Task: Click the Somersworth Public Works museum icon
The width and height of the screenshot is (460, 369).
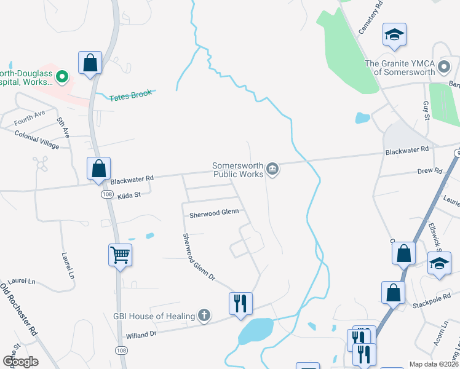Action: [274, 169]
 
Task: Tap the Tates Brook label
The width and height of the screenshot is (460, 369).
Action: [130, 95]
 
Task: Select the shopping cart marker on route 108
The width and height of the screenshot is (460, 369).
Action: [120, 254]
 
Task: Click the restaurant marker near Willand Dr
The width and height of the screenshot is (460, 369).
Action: [240, 303]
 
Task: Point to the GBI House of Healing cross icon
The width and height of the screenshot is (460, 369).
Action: [204, 316]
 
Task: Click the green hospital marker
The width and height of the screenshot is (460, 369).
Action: [61, 77]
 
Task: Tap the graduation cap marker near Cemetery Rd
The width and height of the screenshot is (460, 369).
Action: [394, 34]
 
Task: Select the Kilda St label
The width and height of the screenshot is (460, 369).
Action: [129, 194]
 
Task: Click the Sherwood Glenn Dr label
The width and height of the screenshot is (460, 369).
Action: [198, 256]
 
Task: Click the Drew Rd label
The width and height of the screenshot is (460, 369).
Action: [429, 171]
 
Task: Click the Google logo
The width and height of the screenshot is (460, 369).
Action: [20, 362]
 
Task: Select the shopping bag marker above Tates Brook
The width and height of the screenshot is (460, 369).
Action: [90, 62]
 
